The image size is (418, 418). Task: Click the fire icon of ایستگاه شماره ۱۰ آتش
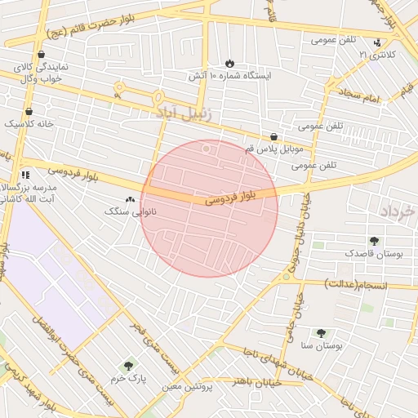229,63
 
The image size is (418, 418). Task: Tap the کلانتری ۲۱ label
375,55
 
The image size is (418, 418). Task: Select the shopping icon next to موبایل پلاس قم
273,137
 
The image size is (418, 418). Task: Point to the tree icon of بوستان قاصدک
374,241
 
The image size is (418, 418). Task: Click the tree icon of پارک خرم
127,366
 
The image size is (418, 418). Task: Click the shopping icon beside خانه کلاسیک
29,111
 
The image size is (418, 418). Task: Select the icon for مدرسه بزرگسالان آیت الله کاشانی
26,174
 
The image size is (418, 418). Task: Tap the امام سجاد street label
362,99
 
